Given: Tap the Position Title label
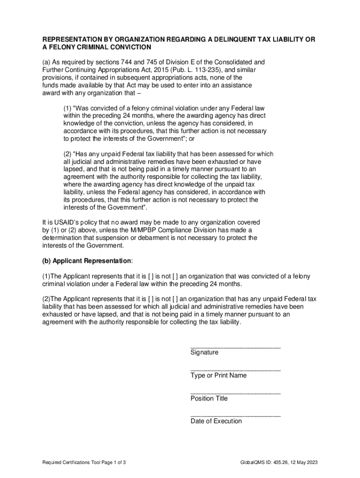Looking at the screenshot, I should click(209, 398).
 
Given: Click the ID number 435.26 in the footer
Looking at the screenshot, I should click(276, 462).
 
